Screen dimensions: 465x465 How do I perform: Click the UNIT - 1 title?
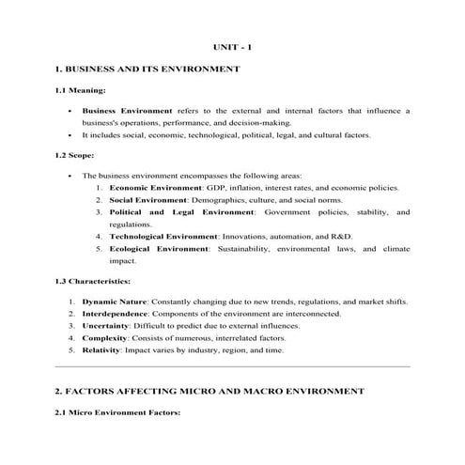[232, 46]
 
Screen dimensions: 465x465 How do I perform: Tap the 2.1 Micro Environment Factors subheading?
[116, 412]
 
